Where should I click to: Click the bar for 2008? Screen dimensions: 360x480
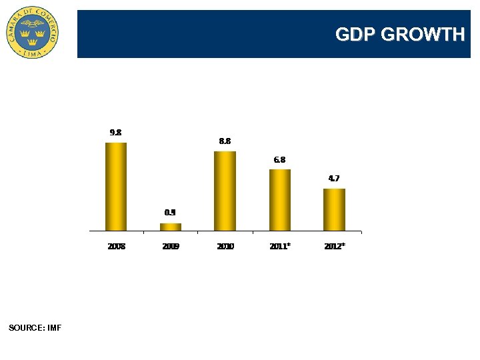116,187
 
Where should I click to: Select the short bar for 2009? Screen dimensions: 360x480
171,227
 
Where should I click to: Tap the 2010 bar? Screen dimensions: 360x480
225,191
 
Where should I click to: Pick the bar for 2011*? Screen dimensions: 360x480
280,200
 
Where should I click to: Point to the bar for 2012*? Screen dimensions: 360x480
335,209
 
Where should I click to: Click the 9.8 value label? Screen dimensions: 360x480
116,133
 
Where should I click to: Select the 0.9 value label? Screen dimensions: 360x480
171,213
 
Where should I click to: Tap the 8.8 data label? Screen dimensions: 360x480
225,141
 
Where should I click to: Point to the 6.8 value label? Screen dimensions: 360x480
280,160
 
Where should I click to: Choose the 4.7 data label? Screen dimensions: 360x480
335,179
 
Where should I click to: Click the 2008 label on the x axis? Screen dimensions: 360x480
116,247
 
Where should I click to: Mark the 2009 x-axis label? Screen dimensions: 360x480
171,247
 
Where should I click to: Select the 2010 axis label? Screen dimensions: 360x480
225,247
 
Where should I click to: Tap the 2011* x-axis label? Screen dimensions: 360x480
280,247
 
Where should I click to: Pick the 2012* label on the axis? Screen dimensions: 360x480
335,247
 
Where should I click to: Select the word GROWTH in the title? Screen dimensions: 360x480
423,35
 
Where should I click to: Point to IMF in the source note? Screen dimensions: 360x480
55,328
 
